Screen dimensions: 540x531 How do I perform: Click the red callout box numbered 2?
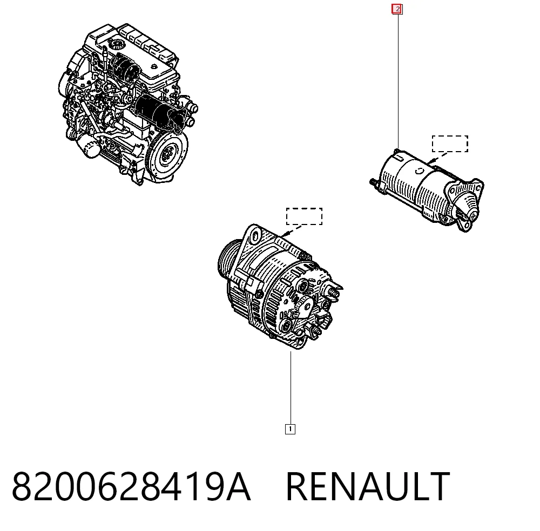point(397,9)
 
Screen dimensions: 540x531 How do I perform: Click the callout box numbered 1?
point(291,429)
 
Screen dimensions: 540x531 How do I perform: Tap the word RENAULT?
point(368,487)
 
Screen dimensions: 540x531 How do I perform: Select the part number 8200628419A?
point(131,487)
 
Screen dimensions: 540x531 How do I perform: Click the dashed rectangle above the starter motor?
point(450,137)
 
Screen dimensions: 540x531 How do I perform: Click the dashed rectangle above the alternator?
point(304,208)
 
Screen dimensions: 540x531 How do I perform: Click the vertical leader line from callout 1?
point(291,388)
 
